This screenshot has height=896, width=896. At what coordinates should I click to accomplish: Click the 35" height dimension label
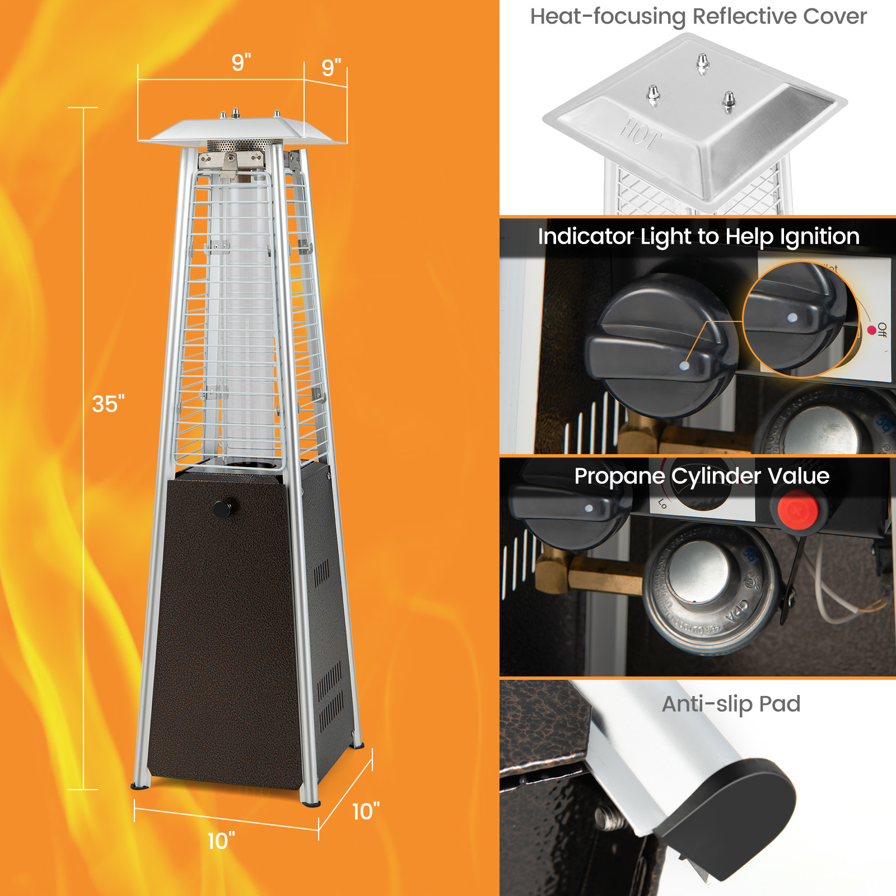click(108, 404)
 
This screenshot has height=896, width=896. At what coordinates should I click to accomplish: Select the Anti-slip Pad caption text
click(731, 704)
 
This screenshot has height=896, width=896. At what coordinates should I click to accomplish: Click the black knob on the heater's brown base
click(222, 508)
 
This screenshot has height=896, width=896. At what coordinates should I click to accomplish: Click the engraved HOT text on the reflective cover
click(640, 135)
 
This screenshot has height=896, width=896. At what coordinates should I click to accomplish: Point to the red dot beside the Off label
click(871, 330)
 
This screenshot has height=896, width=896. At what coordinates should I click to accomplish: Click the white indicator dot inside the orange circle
click(792, 318)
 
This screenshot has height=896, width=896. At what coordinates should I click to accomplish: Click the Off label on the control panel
click(882, 330)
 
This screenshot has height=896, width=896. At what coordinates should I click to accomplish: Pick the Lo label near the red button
click(662, 503)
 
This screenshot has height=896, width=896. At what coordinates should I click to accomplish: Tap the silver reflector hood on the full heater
click(242, 132)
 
